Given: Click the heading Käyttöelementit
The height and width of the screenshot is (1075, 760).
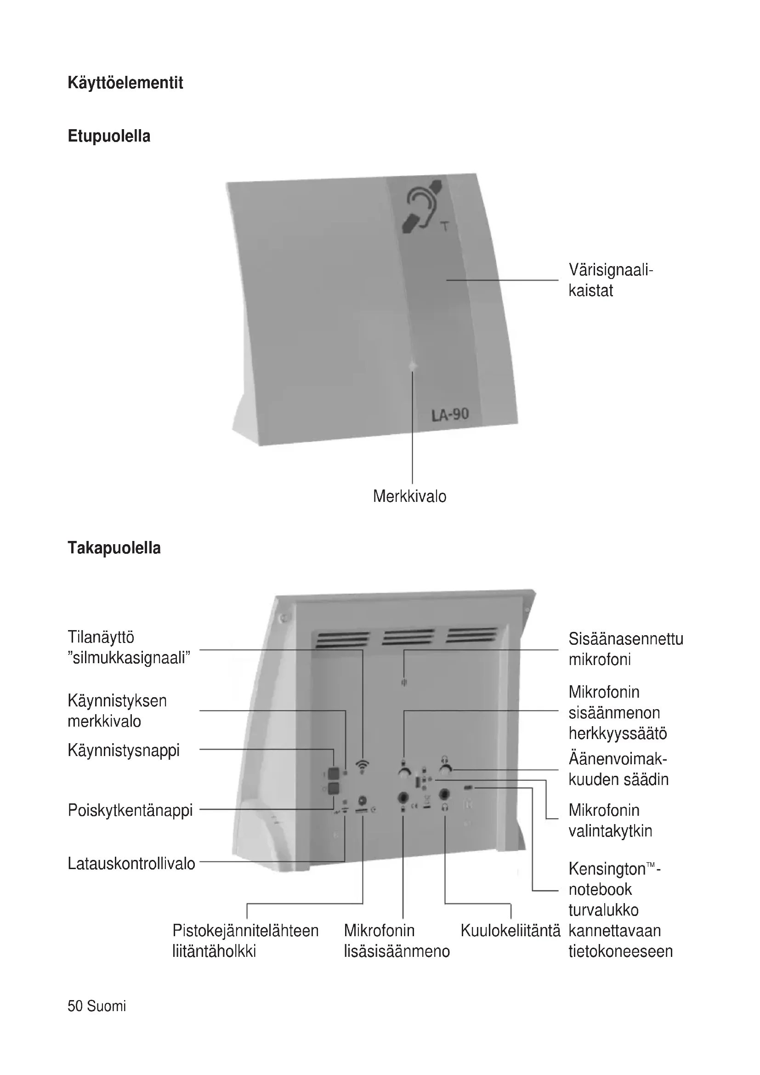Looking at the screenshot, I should click(125, 83).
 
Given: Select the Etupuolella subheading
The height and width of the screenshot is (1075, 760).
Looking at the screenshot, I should click(109, 136).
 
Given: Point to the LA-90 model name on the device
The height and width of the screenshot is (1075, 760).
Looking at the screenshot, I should click(450, 414).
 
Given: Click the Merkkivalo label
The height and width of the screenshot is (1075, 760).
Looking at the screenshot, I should click(409, 496).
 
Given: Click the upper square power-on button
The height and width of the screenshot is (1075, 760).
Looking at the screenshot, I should click(333, 773).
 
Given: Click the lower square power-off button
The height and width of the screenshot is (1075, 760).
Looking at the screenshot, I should click(333, 789).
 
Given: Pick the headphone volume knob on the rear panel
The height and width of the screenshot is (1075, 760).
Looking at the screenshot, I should click(445, 771).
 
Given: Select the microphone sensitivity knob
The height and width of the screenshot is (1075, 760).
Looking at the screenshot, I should click(404, 772).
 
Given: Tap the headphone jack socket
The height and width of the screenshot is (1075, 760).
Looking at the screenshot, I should click(445, 794).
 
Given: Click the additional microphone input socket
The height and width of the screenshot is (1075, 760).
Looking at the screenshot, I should click(403, 796).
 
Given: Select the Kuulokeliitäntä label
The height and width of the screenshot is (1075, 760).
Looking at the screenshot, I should click(510, 931).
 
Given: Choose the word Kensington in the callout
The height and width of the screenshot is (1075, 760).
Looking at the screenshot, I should click(607, 869).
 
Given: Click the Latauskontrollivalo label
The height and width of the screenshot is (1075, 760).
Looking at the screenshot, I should click(131, 864).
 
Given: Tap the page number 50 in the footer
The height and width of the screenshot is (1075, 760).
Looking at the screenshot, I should click(75, 1006).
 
